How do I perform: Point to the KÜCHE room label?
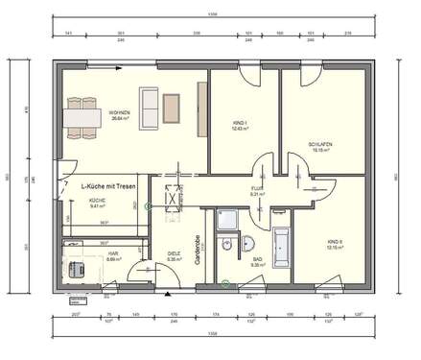(97, 202)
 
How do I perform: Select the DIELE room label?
(174, 255)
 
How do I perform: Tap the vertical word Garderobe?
(198, 250)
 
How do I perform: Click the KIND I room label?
(241, 127)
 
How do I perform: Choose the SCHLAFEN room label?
(319, 147)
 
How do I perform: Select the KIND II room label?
(330, 244)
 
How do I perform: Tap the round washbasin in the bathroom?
(248, 241)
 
